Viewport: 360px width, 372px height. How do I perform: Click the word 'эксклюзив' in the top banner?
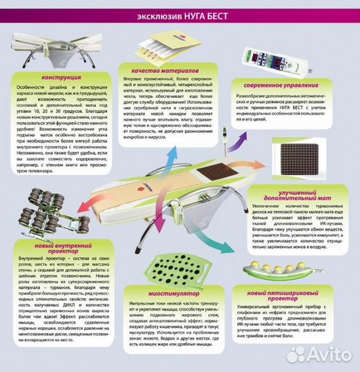[154, 15]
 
